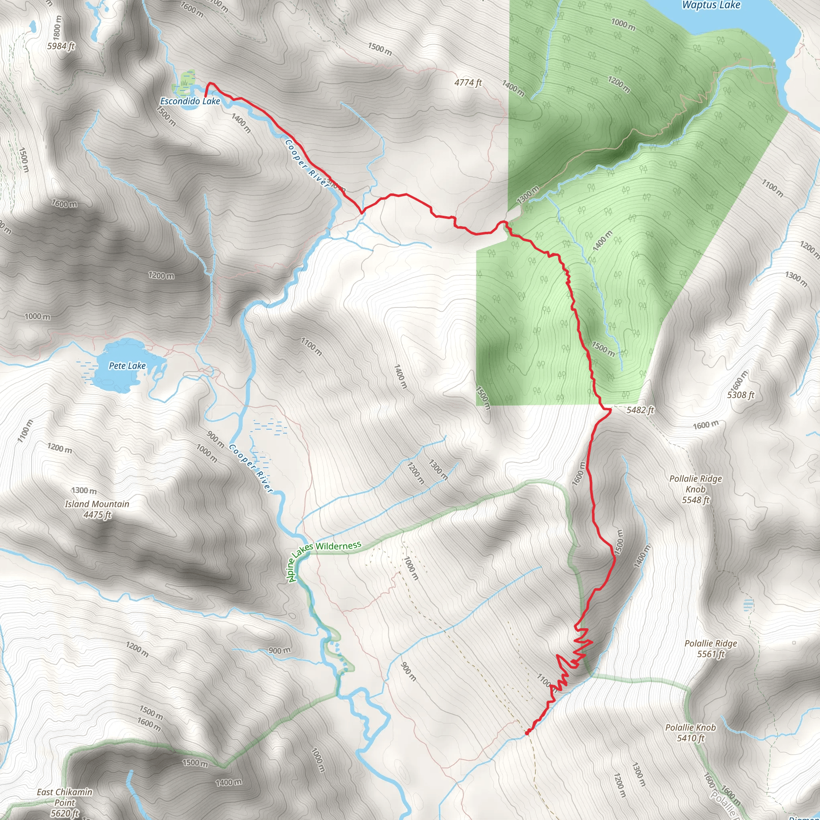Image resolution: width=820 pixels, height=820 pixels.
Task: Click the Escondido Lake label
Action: coord(190,101)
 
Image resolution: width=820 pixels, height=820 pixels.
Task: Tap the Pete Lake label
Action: coord(127,366)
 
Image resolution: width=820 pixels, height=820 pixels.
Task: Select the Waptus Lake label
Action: coord(711,5)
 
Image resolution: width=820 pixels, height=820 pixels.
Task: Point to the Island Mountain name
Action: coord(97,504)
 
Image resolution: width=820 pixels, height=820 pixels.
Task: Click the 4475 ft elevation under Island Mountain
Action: coord(97,515)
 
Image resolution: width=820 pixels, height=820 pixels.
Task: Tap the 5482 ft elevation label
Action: coord(640,410)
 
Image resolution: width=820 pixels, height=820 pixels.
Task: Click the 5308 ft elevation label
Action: coord(741,395)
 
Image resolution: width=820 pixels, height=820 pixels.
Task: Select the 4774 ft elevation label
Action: coord(468,82)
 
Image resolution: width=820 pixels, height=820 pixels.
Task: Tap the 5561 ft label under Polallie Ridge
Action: coord(711,654)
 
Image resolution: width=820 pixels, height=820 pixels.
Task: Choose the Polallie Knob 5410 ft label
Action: coord(691,733)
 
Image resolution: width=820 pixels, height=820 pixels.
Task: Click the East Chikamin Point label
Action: coord(64,797)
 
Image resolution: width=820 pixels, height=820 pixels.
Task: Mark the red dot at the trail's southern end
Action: coord(527,733)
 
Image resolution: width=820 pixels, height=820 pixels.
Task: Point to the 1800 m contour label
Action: coord(58,28)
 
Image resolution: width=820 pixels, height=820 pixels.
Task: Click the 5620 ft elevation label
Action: coord(64,813)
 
